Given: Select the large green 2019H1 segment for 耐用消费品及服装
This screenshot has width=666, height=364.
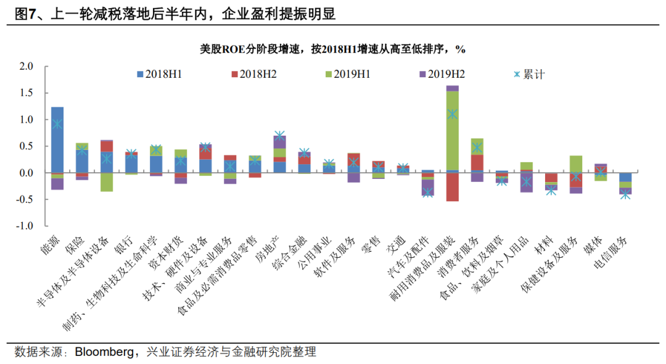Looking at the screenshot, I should click(x=452, y=130).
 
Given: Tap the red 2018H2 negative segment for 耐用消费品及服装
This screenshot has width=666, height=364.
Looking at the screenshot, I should click(x=452, y=187).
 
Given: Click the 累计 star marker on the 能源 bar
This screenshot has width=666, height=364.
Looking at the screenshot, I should click(x=57, y=124).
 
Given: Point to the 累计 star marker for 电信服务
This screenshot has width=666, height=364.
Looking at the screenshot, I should click(x=625, y=195).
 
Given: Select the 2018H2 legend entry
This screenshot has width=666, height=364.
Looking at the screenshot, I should click(x=253, y=75).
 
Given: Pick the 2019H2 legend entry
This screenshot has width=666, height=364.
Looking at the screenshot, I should click(x=440, y=75).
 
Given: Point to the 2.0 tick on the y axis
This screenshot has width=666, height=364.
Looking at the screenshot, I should click(x=26, y=66).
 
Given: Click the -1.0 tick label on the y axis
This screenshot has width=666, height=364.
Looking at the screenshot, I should click(x=25, y=226).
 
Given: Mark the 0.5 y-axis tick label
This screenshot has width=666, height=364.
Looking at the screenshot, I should click(x=26, y=146).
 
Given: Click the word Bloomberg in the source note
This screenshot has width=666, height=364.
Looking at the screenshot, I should click(x=105, y=352).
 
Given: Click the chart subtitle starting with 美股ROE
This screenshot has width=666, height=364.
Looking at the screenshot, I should click(x=332, y=49).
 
